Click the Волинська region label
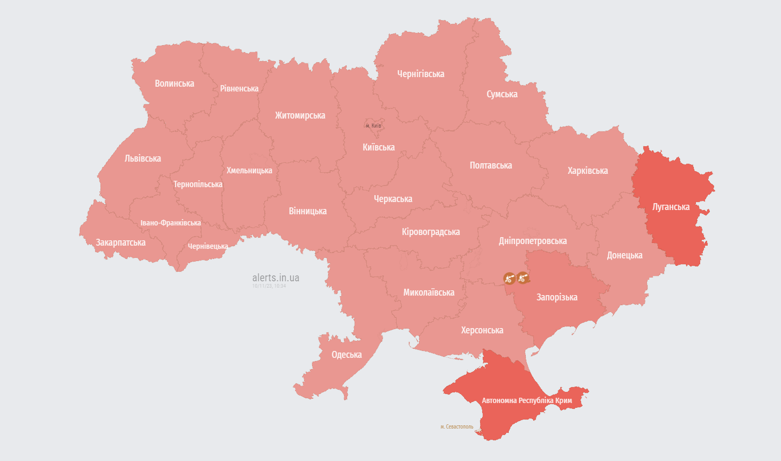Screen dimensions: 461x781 pyautogui.click(x=174, y=83)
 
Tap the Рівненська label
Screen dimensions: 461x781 pyautogui.click(x=239, y=89)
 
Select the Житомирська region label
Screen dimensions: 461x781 pyautogui.click(x=300, y=115)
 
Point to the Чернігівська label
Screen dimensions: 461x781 pyautogui.click(x=421, y=74)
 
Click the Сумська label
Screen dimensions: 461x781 pyautogui.click(x=502, y=94)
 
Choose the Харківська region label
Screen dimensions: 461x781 pyautogui.click(x=587, y=171)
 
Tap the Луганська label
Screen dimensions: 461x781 pyautogui.click(x=671, y=207)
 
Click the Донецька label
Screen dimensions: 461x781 pyautogui.click(x=625, y=255)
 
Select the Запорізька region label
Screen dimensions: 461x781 pyautogui.click(x=557, y=297)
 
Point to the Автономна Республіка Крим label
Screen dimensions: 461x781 pyautogui.click(x=527, y=400)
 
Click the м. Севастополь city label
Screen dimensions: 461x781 pyautogui.click(x=457, y=427)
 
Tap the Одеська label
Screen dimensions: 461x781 pyautogui.click(x=347, y=355)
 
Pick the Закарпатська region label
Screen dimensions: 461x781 pyautogui.click(x=121, y=242)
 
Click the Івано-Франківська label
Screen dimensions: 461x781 pyautogui.click(x=171, y=223)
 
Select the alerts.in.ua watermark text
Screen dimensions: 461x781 pyautogui.click(x=275, y=278)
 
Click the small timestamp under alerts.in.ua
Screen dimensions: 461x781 pyautogui.click(x=269, y=286)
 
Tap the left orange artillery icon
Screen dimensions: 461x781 pyautogui.click(x=509, y=278)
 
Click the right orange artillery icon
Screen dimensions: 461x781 pyautogui.click(x=523, y=277)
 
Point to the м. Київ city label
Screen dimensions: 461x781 pyautogui.click(x=373, y=125)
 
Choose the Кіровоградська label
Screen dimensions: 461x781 pyautogui.click(x=431, y=232)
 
